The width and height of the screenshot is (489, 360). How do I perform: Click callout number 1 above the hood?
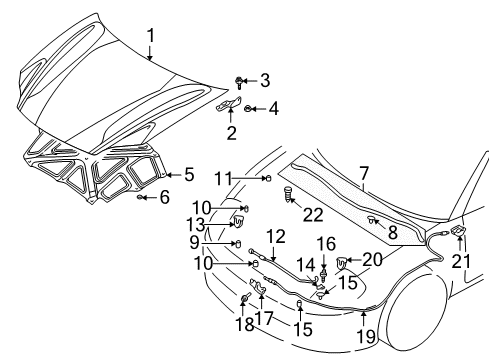click(150, 37)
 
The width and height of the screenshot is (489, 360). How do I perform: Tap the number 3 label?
click(265, 80)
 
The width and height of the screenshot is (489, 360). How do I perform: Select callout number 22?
click(313, 215)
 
